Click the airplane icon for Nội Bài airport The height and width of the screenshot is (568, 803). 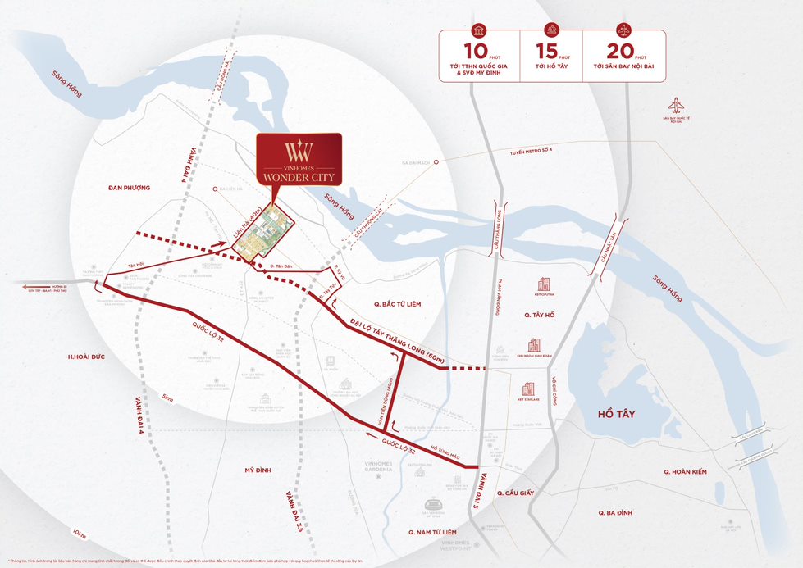[676, 106]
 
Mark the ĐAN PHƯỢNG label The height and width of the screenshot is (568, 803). [129, 188]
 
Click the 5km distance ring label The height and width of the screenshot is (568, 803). [169, 399]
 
